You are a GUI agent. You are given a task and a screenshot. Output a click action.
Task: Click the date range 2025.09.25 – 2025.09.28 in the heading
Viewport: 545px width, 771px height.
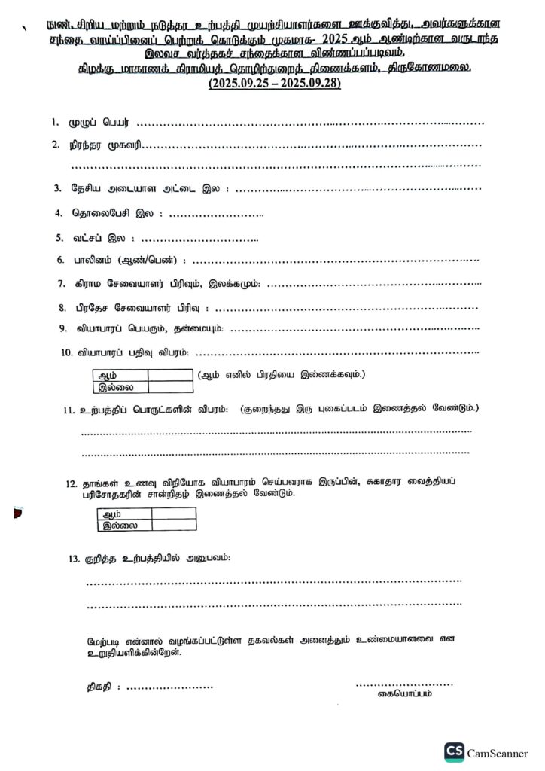tap(274, 84)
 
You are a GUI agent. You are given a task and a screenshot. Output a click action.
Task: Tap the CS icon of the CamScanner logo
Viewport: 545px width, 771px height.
tap(454, 752)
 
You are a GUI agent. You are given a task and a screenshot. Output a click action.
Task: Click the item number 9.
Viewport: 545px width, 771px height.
tap(64, 328)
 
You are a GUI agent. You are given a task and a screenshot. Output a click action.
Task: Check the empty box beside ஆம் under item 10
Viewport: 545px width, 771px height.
tap(170, 375)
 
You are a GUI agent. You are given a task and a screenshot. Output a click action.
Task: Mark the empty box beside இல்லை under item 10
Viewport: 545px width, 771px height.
tap(170, 387)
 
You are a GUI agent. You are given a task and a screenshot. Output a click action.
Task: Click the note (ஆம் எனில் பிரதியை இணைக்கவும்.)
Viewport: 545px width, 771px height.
tap(282, 374)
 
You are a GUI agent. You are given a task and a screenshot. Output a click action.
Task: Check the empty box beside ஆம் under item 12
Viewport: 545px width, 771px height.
tap(173, 513)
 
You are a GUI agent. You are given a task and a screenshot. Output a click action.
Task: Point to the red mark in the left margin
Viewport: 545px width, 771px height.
tap(17, 514)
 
